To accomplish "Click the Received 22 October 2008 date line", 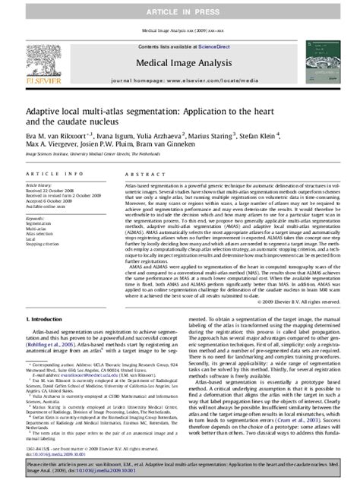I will pyautogui.click(x=52, y=190).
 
